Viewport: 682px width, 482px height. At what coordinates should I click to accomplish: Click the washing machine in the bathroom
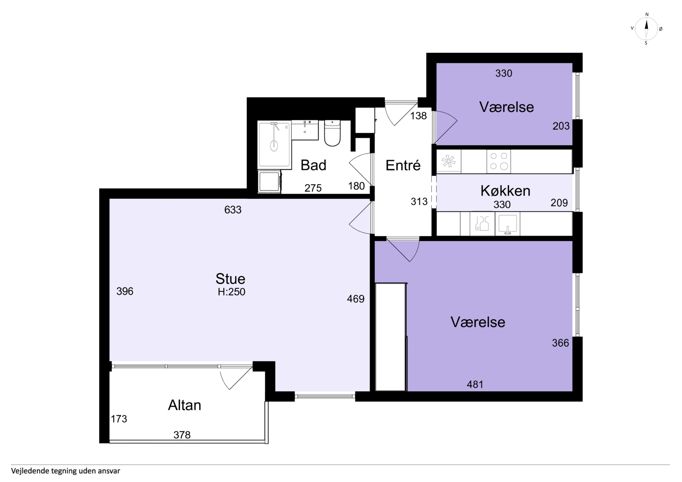pos(269,181)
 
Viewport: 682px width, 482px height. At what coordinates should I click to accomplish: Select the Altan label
pos(185,405)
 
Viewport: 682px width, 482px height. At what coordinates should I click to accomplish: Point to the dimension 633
pos(233,210)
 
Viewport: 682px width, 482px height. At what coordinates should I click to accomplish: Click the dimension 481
pos(475,385)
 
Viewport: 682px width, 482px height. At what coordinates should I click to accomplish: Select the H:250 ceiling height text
pos(231,292)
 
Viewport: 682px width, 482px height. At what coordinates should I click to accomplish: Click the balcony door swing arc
pos(223,382)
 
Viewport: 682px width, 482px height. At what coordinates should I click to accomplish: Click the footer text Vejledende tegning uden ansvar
pos(66,471)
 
